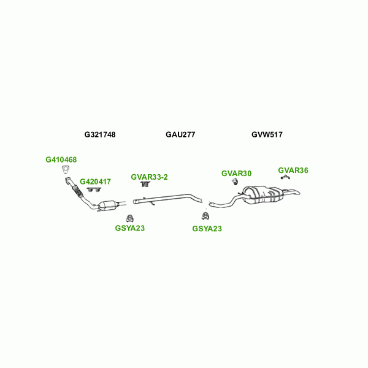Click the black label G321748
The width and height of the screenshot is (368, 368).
[100, 134]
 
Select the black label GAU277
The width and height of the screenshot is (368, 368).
[180, 134]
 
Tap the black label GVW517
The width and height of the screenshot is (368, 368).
[267, 134]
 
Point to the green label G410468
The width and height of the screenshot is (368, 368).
[61, 159]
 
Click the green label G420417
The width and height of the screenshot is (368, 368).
[95, 182]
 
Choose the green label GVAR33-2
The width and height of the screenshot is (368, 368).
[149, 177]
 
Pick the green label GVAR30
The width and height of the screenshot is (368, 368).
[236, 174]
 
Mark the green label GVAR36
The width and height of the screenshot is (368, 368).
[293, 171]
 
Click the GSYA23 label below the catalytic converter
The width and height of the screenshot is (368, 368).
[130, 228]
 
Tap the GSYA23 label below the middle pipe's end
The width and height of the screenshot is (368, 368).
[207, 229]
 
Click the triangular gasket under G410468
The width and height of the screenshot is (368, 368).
[66, 170]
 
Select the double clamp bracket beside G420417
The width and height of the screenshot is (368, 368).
[93, 190]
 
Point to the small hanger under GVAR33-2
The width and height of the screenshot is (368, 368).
[145, 184]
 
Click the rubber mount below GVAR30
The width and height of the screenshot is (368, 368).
[234, 182]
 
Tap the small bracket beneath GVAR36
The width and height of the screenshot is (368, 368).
[285, 177]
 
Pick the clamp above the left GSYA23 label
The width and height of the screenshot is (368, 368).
[129, 218]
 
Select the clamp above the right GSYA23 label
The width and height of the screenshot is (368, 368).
[205, 215]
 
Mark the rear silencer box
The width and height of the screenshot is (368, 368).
[265, 195]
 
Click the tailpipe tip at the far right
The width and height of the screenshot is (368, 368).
[298, 193]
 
